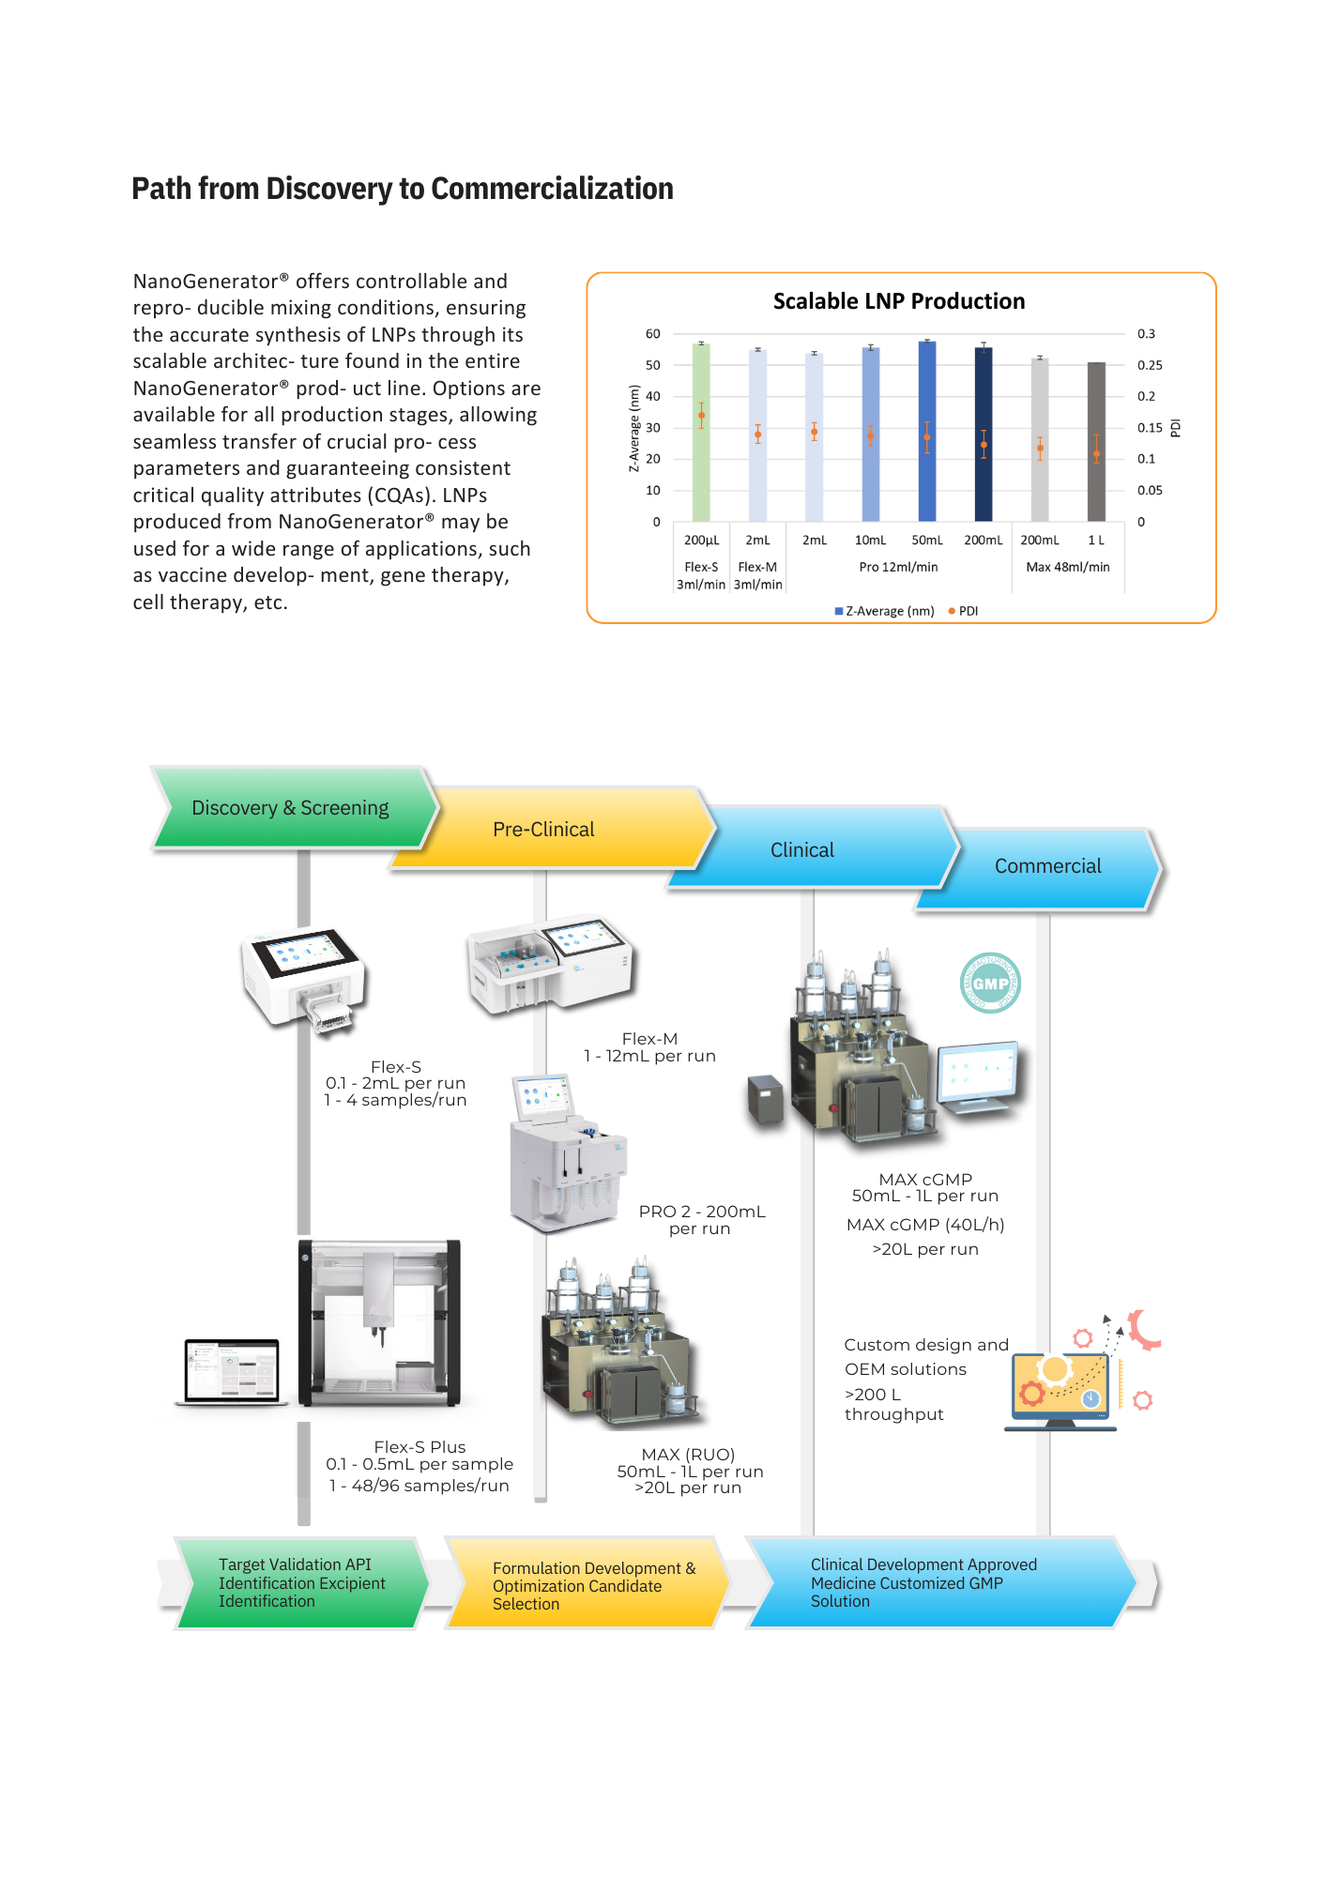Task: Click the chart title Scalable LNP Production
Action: (898, 301)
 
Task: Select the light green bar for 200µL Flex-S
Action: (701, 433)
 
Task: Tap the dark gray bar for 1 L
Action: (1095, 441)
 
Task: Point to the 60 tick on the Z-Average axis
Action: (652, 334)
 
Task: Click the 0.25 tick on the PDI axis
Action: (1149, 365)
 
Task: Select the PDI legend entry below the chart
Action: (964, 611)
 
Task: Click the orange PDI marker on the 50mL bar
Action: (926, 437)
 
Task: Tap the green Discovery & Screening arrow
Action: (290, 808)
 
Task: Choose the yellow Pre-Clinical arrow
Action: (543, 830)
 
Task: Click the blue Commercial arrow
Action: (1047, 866)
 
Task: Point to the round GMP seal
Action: (990, 984)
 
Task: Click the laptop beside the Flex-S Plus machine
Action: (233, 1372)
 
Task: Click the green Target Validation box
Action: (300, 1583)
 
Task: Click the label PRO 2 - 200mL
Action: (702, 1212)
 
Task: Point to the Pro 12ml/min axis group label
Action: (898, 567)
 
